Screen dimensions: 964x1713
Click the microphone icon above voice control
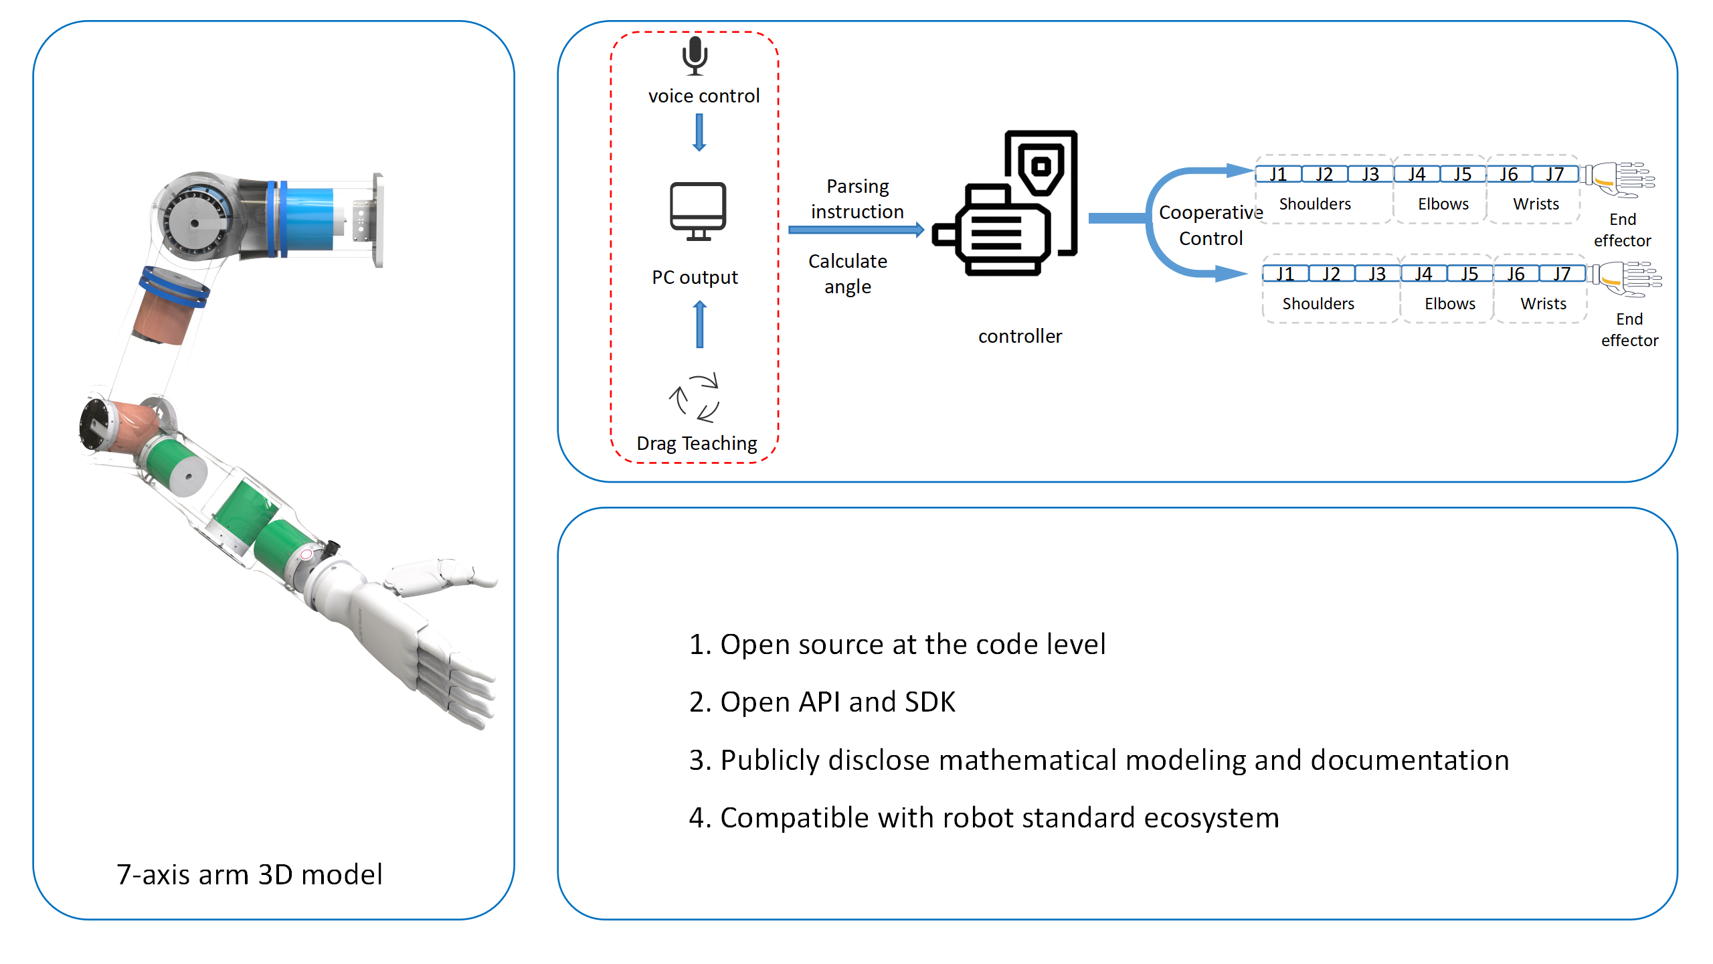(x=695, y=55)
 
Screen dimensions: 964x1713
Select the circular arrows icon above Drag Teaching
(x=695, y=398)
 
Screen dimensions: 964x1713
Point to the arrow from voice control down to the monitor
(x=699, y=132)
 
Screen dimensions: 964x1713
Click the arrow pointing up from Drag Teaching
(x=700, y=324)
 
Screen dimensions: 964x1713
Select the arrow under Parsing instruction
(x=856, y=230)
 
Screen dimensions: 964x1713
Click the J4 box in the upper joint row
(x=1416, y=175)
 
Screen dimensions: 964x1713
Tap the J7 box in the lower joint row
(x=1562, y=274)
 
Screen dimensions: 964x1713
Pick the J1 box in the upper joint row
(x=1278, y=175)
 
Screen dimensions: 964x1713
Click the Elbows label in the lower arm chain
(x=1449, y=304)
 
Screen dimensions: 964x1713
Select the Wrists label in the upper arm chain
(x=1536, y=204)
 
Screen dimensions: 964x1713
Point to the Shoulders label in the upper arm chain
(x=1315, y=204)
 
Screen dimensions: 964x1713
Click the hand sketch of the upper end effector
(x=1623, y=179)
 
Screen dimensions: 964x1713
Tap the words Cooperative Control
(x=1210, y=226)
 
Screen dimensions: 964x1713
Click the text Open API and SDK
(x=822, y=702)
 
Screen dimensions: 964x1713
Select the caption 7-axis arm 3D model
(x=249, y=875)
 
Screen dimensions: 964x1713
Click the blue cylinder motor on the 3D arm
(x=308, y=220)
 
